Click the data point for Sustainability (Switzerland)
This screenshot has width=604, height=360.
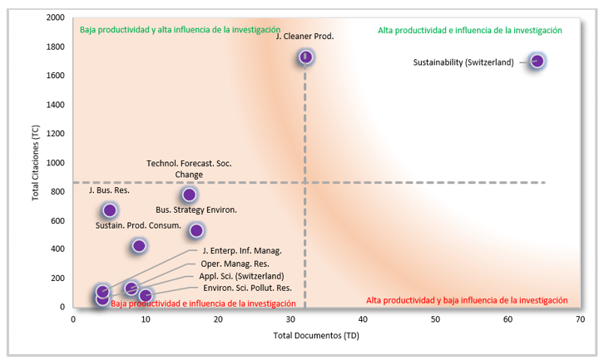[537, 61]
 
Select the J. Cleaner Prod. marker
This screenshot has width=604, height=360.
[305, 57]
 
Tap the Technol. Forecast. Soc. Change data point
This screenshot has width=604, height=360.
[189, 195]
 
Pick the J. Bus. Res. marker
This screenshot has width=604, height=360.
[109, 210]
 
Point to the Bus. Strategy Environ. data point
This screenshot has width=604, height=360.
[196, 230]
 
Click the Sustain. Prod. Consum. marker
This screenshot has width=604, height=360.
[139, 245]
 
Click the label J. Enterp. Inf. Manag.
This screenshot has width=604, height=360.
[241, 250]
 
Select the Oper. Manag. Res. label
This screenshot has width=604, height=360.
[236, 263]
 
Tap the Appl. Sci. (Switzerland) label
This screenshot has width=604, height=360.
[241, 276]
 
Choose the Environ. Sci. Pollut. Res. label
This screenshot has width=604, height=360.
[247, 288]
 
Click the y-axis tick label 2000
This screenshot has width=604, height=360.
[56, 17]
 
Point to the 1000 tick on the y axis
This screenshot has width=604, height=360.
[56, 162]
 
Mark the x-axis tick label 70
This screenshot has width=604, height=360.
[580, 319]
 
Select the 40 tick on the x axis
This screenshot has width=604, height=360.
[363, 319]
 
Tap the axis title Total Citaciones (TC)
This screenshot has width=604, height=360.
[37, 162]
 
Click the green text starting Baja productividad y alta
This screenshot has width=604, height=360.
[180, 30]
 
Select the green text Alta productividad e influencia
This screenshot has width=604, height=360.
[470, 30]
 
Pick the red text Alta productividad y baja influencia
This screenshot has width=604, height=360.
[467, 300]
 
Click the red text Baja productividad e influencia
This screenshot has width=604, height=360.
[202, 303]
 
